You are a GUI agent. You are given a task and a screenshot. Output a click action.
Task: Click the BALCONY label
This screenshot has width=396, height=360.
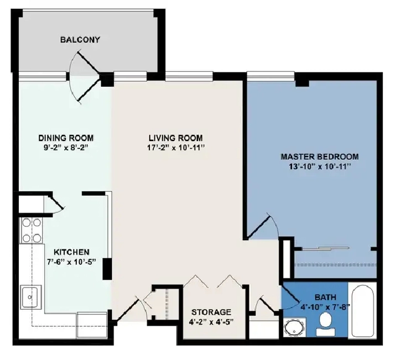[80, 40]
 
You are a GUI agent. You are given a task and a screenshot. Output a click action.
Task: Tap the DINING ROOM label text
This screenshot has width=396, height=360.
[66, 138]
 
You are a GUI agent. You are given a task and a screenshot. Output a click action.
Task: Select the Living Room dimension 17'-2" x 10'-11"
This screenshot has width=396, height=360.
[175, 148]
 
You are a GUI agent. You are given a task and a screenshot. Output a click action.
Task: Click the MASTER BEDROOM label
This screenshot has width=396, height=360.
[320, 157]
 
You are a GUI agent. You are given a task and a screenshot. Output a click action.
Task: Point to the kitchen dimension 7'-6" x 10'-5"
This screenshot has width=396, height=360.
[72, 262]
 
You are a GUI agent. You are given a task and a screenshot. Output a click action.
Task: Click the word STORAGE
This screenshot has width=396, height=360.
[211, 312]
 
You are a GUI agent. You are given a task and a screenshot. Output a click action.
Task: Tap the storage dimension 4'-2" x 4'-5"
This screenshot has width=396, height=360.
[211, 322]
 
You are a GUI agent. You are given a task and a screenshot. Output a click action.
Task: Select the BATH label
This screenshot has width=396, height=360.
[326, 297]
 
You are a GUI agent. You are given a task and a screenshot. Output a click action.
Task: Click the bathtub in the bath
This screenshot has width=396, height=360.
[362, 310]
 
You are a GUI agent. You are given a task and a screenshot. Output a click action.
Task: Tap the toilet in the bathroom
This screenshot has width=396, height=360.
[326, 324]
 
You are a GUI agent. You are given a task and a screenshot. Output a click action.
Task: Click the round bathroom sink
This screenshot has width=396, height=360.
[294, 328]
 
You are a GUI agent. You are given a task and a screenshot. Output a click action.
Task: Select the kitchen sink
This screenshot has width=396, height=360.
[31, 297]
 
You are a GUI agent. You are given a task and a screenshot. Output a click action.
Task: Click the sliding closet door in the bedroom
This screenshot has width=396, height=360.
[326, 248]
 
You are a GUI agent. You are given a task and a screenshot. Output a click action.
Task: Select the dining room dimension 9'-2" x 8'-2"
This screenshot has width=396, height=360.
[66, 148]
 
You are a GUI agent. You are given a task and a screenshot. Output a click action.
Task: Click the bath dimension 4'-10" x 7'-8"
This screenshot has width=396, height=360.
[325, 307]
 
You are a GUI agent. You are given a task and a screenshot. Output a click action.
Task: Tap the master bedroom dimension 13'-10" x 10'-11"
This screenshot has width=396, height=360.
[320, 166]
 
